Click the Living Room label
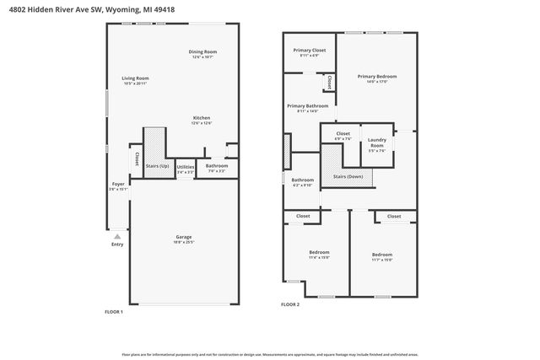click(135, 78)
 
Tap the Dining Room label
click(202, 52)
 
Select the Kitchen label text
click(201, 117)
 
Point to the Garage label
click(184, 237)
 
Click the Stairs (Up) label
click(158, 166)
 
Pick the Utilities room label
click(186, 166)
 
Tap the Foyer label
click(118, 184)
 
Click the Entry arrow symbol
click(117, 237)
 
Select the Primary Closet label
click(309, 51)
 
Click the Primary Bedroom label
click(376, 76)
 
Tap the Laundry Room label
click(377, 142)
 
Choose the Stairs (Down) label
click(348, 176)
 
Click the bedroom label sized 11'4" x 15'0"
click(319, 252)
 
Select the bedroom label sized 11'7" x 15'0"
click(382, 254)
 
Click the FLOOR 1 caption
click(113, 312)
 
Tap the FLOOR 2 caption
click(290, 304)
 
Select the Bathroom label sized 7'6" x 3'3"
click(217, 166)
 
